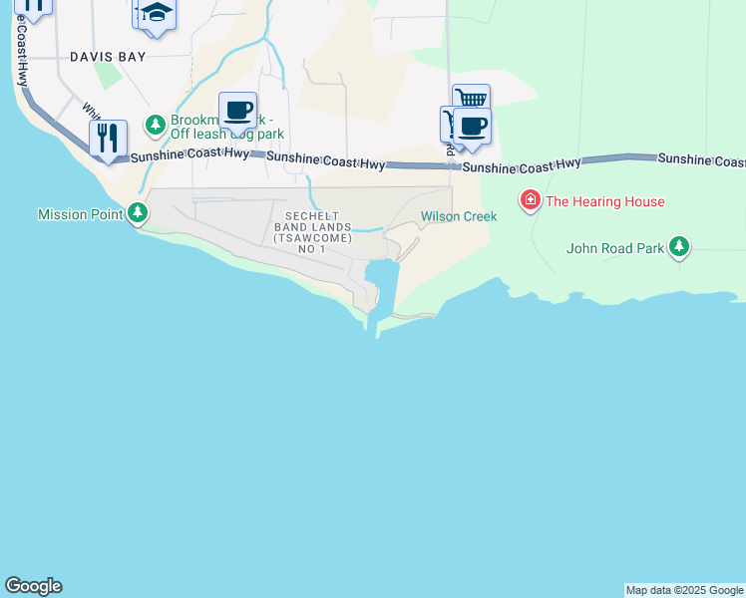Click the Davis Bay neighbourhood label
click(x=108, y=57)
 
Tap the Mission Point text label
click(x=79, y=214)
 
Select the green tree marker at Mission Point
click(x=138, y=212)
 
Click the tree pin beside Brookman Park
click(x=155, y=125)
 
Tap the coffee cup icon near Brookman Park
click(x=237, y=109)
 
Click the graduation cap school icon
click(x=156, y=13)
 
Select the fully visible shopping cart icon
click(x=471, y=100)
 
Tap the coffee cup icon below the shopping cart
click(x=473, y=126)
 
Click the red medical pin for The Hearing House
click(x=531, y=201)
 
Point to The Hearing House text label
click(x=604, y=201)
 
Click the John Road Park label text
click(x=614, y=248)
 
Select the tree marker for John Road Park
click(x=679, y=246)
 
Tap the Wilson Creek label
click(x=458, y=215)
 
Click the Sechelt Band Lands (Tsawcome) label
click(x=312, y=231)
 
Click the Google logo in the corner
click(x=33, y=586)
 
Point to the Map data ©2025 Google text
click(x=684, y=590)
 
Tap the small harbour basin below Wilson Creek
click(x=381, y=274)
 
